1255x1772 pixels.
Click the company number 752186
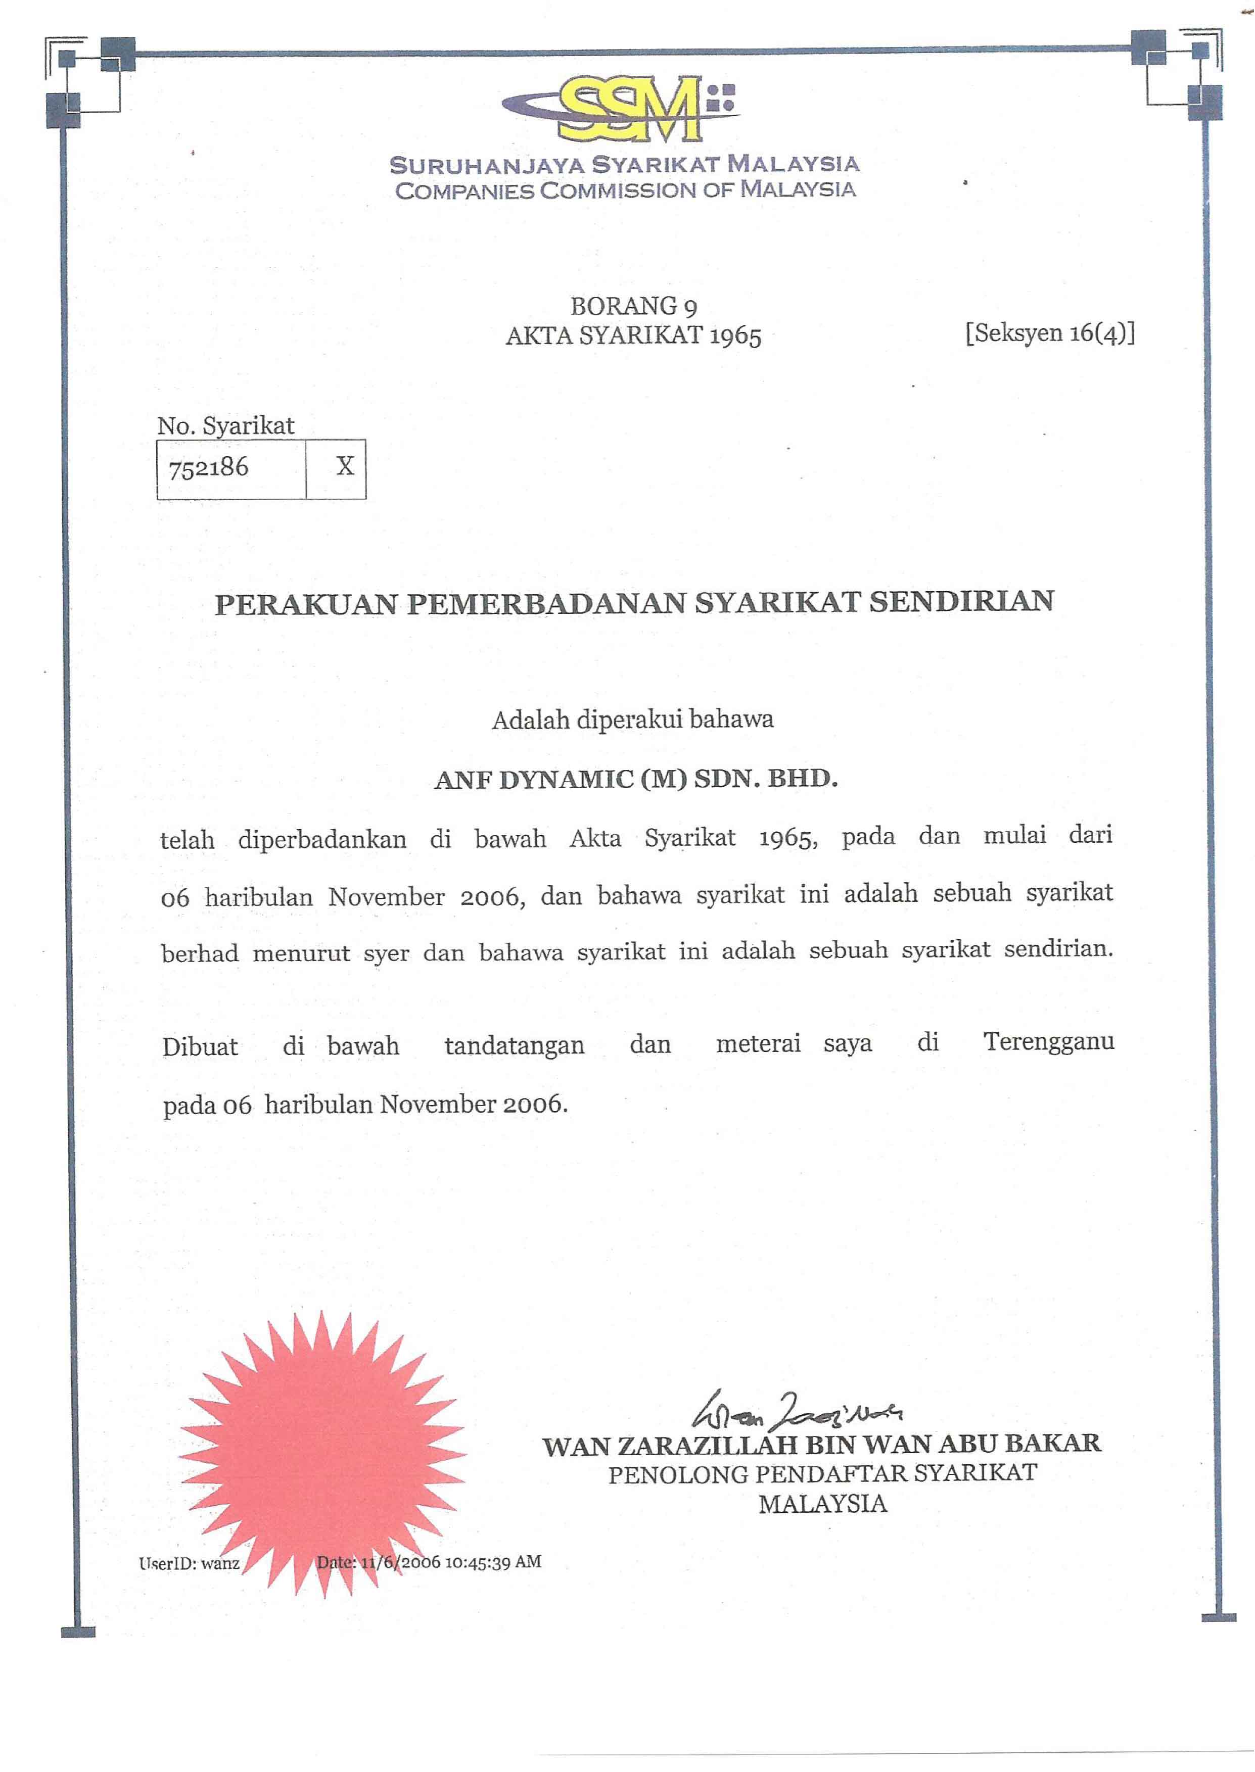click(x=209, y=467)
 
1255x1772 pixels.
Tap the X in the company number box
click(x=345, y=466)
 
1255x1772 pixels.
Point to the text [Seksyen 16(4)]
click(x=1049, y=333)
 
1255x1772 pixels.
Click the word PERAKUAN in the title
click(x=305, y=603)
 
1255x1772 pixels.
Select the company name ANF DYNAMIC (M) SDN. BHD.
click(x=636, y=780)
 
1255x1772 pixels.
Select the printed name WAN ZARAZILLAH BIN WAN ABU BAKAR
click(x=821, y=1445)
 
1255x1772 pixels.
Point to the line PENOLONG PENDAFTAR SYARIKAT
click(x=822, y=1474)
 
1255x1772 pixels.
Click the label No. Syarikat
click(x=225, y=425)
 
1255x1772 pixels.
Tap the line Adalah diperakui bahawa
click(x=632, y=720)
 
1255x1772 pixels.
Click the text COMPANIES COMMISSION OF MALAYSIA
click(x=624, y=190)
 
